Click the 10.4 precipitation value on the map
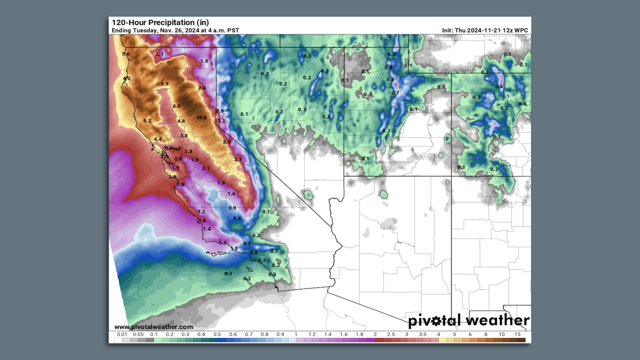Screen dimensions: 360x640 coord(201,118)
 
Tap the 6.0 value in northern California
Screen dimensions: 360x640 coord(177,106)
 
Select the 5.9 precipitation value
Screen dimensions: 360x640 coord(164,84)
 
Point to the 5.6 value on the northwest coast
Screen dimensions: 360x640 coord(126,54)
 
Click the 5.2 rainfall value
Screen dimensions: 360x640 coord(147,121)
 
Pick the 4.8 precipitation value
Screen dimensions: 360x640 coord(181,121)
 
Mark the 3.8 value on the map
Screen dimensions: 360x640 coord(184,136)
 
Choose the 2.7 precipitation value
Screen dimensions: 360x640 coord(238,160)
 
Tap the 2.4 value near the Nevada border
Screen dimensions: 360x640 coord(202,88)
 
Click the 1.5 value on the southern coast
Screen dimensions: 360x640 coord(223,243)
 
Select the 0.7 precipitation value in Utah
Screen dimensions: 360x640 coord(395,93)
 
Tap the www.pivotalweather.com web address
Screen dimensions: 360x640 coord(154,327)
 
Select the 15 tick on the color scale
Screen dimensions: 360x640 coord(517,334)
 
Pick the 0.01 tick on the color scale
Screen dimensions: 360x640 coord(122,334)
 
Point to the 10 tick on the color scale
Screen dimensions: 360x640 coord(502,334)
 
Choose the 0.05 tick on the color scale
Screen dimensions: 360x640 coord(138,334)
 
